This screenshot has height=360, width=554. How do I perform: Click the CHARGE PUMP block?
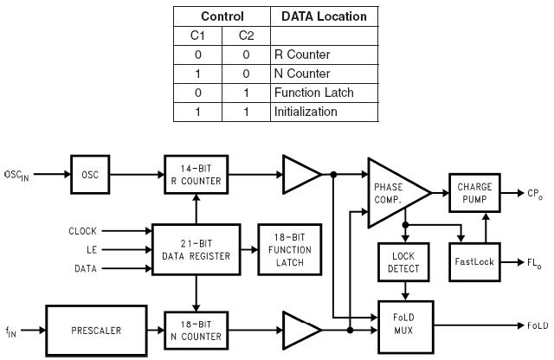(473, 190)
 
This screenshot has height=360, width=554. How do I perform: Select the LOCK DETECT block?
(399, 261)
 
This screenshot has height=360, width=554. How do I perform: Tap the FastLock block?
(473, 260)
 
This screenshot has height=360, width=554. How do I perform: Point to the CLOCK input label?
(83, 231)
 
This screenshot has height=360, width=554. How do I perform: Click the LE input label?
(90, 248)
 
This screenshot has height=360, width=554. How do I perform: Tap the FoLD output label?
(537, 325)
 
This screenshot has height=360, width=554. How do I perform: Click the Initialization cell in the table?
(306, 112)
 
